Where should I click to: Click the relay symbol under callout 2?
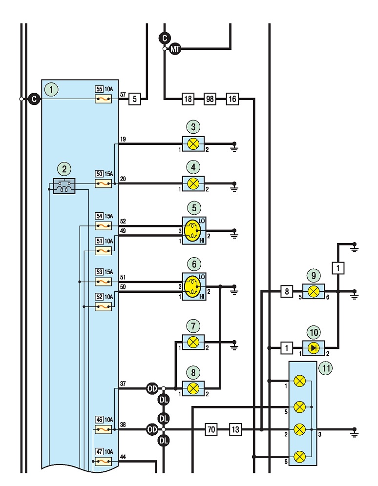click(x=64, y=186)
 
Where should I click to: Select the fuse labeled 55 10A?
click(x=103, y=99)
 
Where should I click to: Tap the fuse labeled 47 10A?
click(x=103, y=462)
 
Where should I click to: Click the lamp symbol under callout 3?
click(x=193, y=144)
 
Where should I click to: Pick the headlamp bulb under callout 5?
click(x=192, y=231)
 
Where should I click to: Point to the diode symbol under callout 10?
click(x=314, y=348)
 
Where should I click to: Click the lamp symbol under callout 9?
click(x=314, y=291)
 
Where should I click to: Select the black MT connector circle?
click(x=175, y=49)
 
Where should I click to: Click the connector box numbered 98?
click(x=210, y=99)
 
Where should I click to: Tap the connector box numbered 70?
click(x=211, y=429)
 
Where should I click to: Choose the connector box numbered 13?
click(x=235, y=429)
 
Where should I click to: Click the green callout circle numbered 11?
click(x=326, y=368)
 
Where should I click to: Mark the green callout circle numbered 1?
click(x=51, y=90)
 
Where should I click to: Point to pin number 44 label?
click(x=123, y=457)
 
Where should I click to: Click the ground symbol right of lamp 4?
click(x=234, y=186)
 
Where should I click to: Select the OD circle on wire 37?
click(x=152, y=388)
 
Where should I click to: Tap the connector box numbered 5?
click(x=135, y=99)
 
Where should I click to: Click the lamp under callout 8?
click(x=193, y=388)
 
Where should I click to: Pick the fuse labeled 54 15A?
click(x=103, y=226)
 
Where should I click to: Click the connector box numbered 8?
click(x=287, y=291)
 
